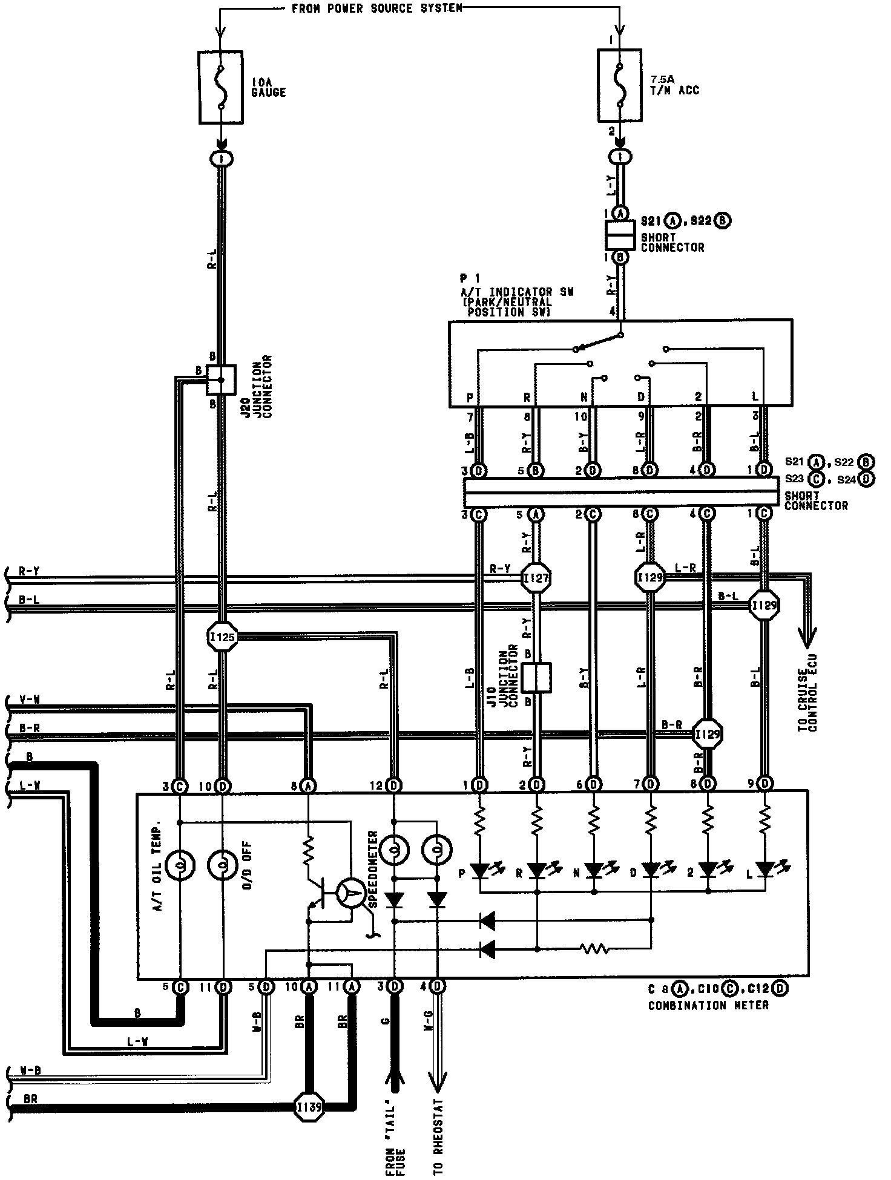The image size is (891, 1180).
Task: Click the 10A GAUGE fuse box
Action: click(x=222, y=88)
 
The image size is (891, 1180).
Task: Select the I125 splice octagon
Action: click(x=222, y=637)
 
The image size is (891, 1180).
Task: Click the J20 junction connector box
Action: click(x=222, y=379)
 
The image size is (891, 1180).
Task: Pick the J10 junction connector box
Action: click(x=536, y=678)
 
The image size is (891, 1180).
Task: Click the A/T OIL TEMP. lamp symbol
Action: click(x=180, y=867)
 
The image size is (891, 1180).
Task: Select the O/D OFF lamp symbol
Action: click(x=223, y=867)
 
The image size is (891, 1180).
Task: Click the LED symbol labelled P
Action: click(x=480, y=871)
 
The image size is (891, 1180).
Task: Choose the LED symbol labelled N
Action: click(x=594, y=871)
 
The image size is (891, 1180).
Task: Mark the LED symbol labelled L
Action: click(x=765, y=871)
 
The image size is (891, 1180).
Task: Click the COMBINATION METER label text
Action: click(x=708, y=1005)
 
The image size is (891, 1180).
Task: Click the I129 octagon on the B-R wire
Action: click(x=708, y=735)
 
